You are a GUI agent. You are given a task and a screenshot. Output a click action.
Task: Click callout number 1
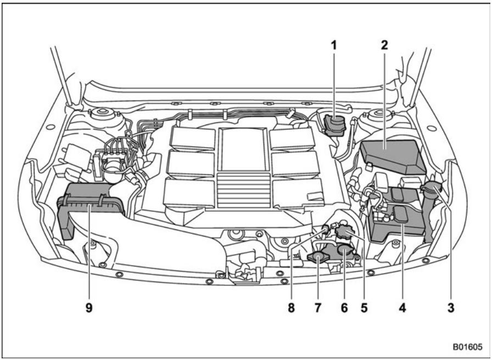(x=333, y=47)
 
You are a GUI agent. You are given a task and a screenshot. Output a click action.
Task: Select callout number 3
(x=451, y=309)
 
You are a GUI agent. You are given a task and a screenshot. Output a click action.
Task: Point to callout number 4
(x=402, y=309)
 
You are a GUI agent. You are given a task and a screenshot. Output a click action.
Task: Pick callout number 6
(x=344, y=309)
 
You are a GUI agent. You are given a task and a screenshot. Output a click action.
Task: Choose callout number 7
(x=319, y=309)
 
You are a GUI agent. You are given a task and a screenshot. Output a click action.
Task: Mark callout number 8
(x=292, y=309)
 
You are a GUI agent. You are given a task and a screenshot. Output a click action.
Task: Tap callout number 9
(x=88, y=309)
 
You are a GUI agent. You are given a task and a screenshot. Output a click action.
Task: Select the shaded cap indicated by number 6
(x=345, y=252)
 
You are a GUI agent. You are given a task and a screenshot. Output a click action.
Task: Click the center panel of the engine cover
(x=243, y=148)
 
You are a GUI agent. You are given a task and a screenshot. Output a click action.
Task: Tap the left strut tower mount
(x=100, y=117)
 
